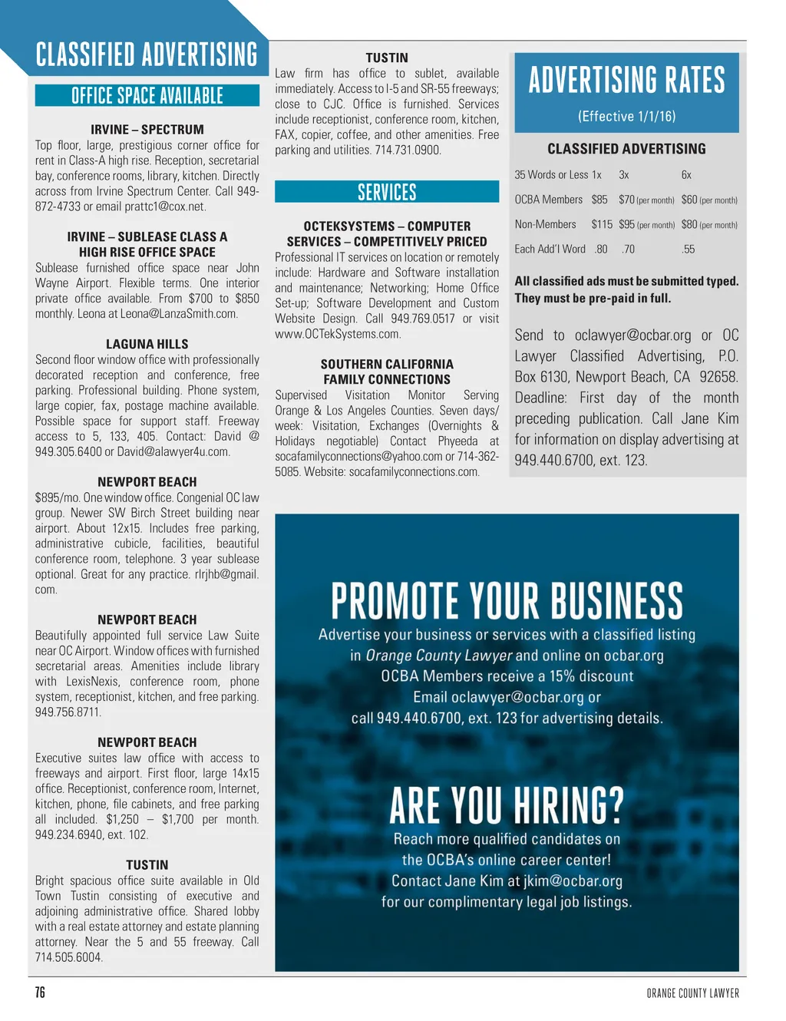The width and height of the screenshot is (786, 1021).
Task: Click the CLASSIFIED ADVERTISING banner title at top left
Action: click(147, 55)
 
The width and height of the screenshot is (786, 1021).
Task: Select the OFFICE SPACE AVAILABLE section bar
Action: click(147, 96)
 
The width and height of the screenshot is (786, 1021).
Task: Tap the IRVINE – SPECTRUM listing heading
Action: click(147, 130)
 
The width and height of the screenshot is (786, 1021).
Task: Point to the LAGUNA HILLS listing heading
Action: click(147, 345)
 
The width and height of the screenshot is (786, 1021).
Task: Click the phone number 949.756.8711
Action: click(68, 712)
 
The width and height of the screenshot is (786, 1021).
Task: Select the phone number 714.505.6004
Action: click(68, 957)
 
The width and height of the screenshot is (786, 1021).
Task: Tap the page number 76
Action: click(40, 993)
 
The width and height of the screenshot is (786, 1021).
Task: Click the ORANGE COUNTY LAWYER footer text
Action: click(692, 993)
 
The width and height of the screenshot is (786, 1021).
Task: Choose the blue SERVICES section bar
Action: click(387, 192)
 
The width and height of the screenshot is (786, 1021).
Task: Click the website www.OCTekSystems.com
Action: click(338, 334)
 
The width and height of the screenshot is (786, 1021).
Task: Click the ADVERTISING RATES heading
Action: click(626, 80)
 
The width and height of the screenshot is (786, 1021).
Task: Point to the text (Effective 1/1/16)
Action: click(626, 117)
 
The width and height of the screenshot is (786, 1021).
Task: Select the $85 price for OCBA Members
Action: click(599, 200)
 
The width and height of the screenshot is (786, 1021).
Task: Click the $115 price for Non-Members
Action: click(602, 225)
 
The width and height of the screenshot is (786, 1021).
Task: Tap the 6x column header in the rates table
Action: click(686, 175)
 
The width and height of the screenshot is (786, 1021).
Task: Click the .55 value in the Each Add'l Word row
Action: click(688, 249)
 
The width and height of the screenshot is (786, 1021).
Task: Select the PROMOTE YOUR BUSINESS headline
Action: click(507, 600)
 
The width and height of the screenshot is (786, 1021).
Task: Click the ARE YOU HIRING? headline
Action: click(507, 805)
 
